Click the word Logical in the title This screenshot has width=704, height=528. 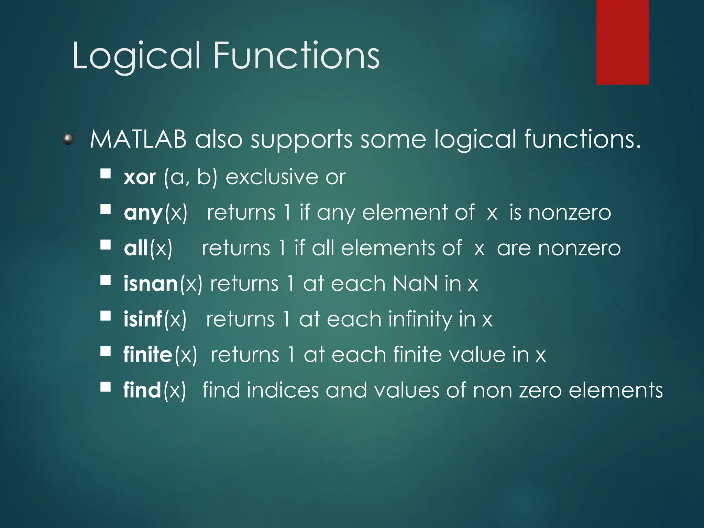pyautogui.click(x=136, y=56)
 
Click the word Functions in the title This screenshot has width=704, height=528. pyautogui.click(x=296, y=55)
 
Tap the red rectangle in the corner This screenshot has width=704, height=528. pyautogui.click(x=622, y=42)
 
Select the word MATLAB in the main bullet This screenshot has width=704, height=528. pyautogui.click(x=138, y=140)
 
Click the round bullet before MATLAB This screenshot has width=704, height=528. pyautogui.click(x=68, y=139)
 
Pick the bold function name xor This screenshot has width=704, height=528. pyautogui.click(x=140, y=178)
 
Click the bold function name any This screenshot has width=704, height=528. pyautogui.click(x=143, y=213)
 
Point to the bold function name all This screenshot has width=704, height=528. pyautogui.click(x=136, y=248)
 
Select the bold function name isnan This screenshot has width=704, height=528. pyautogui.click(x=151, y=284)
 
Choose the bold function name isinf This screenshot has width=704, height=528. pyautogui.click(x=143, y=319)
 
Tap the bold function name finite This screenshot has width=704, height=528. pyautogui.click(x=148, y=355)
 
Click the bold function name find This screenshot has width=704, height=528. pyautogui.click(x=142, y=390)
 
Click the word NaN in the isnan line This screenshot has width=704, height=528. pyautogui.click(x=415, y=284)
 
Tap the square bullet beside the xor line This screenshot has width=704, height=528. pyautogui.click(x=106, y=174)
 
